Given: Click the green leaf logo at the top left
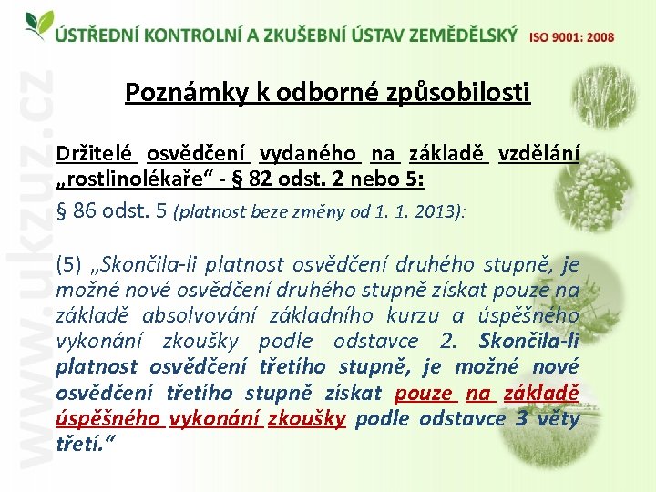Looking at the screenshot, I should click(37, 25).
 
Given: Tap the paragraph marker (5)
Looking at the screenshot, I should click(68, 266).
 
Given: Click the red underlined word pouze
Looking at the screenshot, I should click(424, 393).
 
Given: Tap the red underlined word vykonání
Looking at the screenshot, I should click(214, 418).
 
